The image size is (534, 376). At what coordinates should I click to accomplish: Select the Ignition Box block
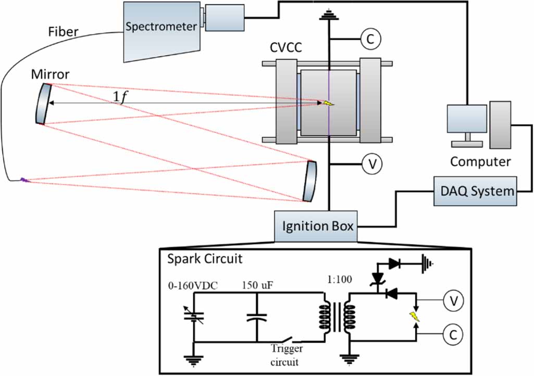point(318,226)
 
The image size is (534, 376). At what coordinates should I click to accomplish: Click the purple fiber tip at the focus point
point(24,180)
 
